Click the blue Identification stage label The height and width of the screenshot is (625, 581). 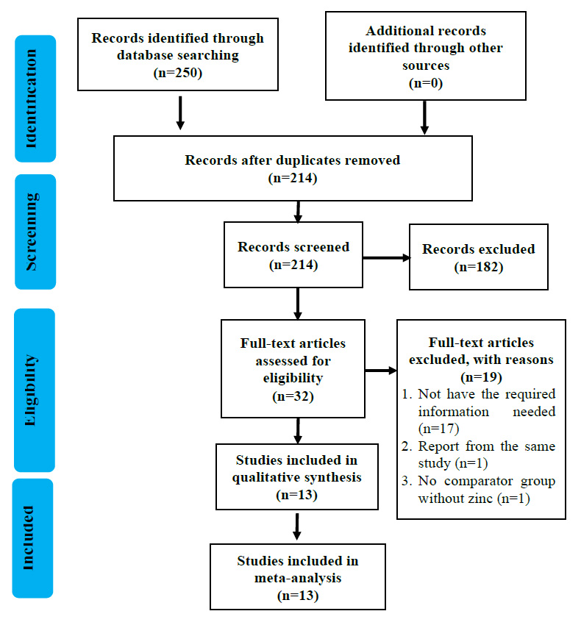click(x=35, y=99)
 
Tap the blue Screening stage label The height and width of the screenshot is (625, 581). click(x=35, y=232)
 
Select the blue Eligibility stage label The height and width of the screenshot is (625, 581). click(x=35, y=390)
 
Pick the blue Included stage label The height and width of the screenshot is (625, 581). click(x=32, y=538)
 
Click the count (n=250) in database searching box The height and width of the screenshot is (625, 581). click(x=178, y=73)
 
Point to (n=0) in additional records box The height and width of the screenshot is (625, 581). click(x=426, y=83)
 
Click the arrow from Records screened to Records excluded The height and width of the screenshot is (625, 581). click(x=386, y=258)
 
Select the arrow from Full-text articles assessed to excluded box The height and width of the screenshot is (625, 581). click(x=381, y=371)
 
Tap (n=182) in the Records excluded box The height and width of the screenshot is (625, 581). click(x=479, y=267)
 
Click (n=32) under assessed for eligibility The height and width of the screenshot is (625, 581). click(x=293, y=396)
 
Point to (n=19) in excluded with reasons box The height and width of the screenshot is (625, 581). click(x=481, y=376)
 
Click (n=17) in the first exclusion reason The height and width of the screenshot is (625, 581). click(x=438, y=429)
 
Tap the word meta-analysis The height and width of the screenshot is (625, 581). click(x=298, y=578)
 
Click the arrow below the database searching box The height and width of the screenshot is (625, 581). click(x=180, y=113)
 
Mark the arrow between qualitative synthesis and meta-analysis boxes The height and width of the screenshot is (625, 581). click(x=296, y=526)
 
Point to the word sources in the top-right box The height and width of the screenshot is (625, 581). click(x=426, y=65)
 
